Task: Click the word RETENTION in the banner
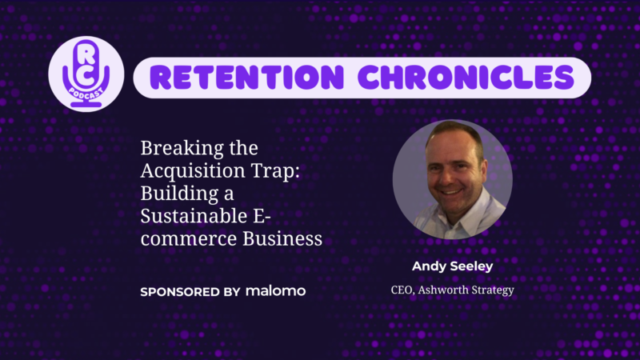point(246,77)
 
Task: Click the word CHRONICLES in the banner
point(466,77)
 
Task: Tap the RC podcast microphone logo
point(86,74)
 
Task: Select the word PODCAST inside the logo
point(86,93)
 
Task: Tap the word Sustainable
point(194,216)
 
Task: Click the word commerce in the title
point(189,239)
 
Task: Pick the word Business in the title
point(282,238)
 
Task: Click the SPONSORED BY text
point(190,292)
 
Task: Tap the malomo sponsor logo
point(275,291)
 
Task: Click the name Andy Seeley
point(452,266)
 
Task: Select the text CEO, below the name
point(403,290)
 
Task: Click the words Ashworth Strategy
point(466,290)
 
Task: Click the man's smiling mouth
point(450,191)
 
